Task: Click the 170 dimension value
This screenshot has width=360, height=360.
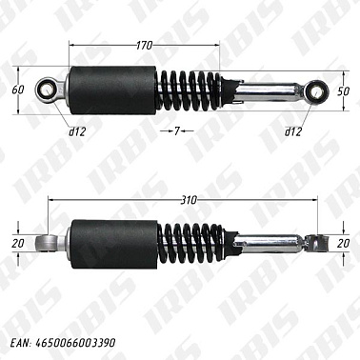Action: (145, 44)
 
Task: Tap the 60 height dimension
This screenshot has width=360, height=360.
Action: (17, 90)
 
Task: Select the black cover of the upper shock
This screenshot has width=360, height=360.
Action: (112, 91)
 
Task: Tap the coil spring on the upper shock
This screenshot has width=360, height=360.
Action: (190, 91)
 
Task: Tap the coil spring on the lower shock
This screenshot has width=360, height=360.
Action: (190, 242)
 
